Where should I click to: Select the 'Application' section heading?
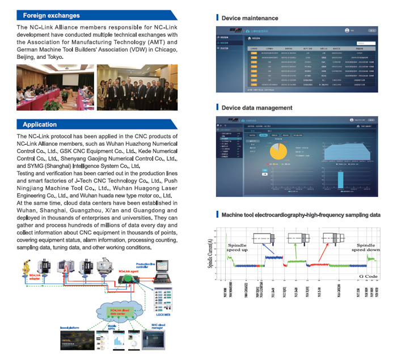click(40, 124)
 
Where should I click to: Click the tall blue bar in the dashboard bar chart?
click(340, 179)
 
